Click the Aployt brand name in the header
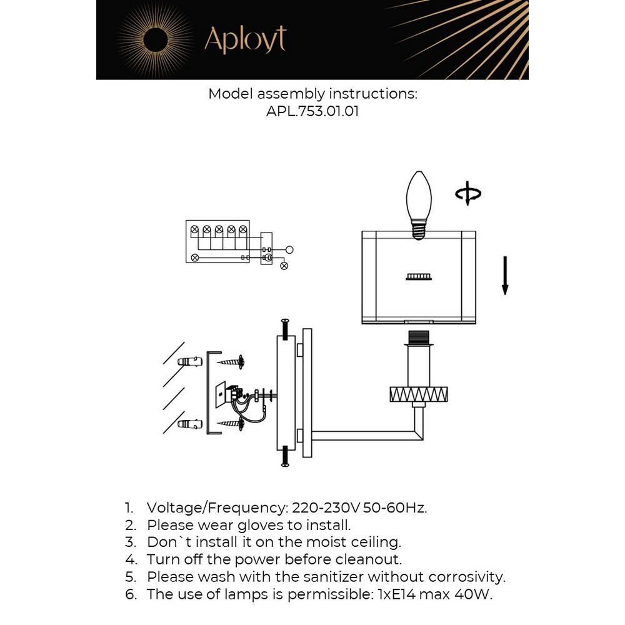245,41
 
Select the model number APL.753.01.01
312,112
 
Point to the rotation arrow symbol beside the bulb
467,194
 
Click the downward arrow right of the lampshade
505,275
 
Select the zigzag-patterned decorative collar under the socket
419,394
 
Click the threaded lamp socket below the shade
419,339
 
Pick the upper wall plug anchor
189,362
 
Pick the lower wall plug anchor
189,424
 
